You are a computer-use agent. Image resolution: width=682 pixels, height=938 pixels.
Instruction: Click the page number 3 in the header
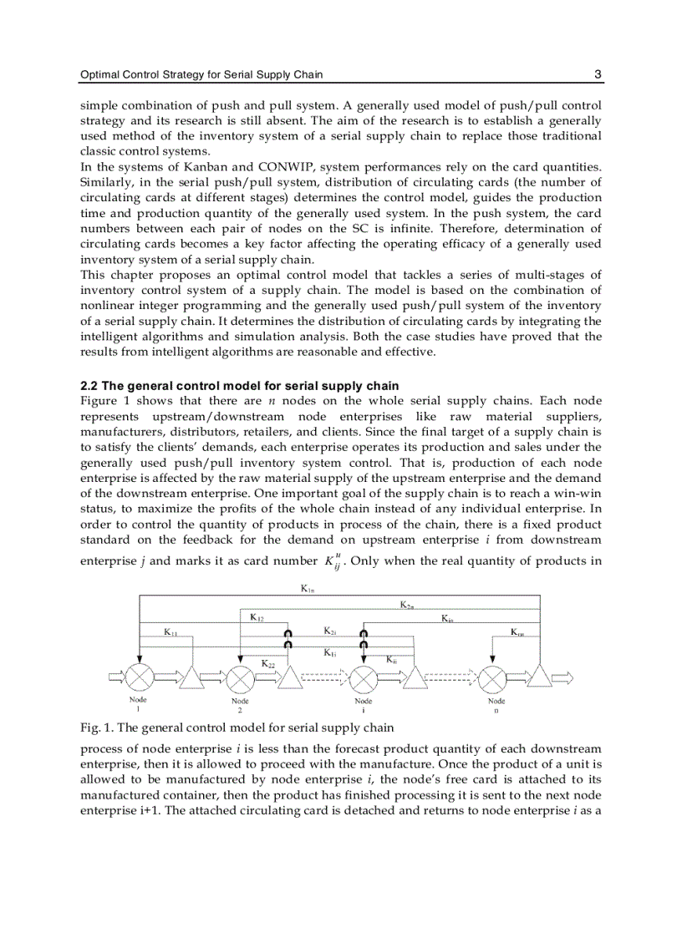coord(598,74)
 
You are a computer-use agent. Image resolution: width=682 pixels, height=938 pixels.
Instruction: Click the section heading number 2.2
coord(89,386)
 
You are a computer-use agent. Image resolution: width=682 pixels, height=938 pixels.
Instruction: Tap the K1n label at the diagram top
coord(307,589)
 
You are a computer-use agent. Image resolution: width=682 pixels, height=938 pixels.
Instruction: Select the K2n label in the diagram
coord(405,604)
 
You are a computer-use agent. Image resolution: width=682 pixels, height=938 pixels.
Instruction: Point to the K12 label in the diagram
coord(257,617)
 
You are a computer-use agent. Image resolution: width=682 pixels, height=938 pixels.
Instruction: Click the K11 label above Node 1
coord(170,632)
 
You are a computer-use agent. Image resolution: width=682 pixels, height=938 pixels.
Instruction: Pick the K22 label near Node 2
coord(268,662)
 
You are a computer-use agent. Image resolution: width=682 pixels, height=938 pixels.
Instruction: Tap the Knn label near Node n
coord(517,632)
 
